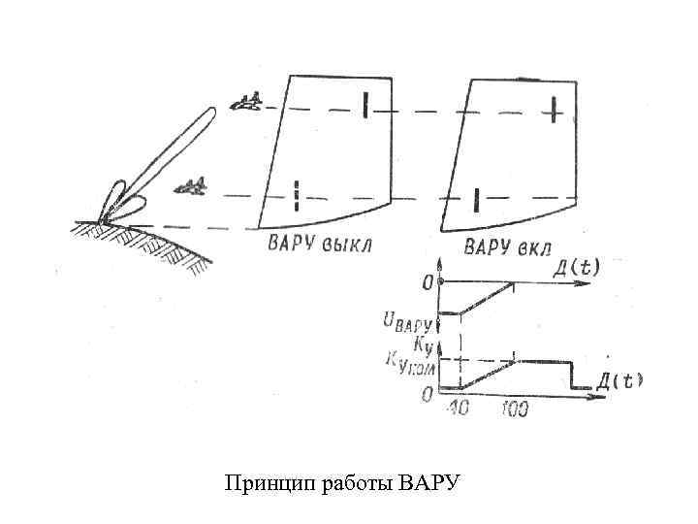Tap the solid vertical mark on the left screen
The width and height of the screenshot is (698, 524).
coord(365,104)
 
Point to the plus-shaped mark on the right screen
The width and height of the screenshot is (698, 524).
coord(553,111)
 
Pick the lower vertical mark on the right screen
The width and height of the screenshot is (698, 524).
coord(476,199)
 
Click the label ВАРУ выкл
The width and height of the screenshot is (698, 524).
coord(320,242)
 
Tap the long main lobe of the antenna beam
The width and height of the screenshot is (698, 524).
coord(174,155)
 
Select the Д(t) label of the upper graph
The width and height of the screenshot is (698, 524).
coord(576,266)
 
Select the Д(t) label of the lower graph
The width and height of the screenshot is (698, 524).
coord(619,379)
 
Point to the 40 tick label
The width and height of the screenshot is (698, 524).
coord(454,409)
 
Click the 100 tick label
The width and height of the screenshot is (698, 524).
coord(515,410)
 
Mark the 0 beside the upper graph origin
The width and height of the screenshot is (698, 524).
coord(427,283)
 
